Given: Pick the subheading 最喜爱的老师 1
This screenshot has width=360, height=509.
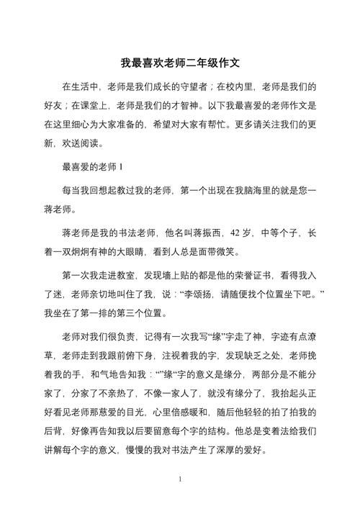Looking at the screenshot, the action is click(x=94, y=168).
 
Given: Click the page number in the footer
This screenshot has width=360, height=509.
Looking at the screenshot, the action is click(x=180, y=479).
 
